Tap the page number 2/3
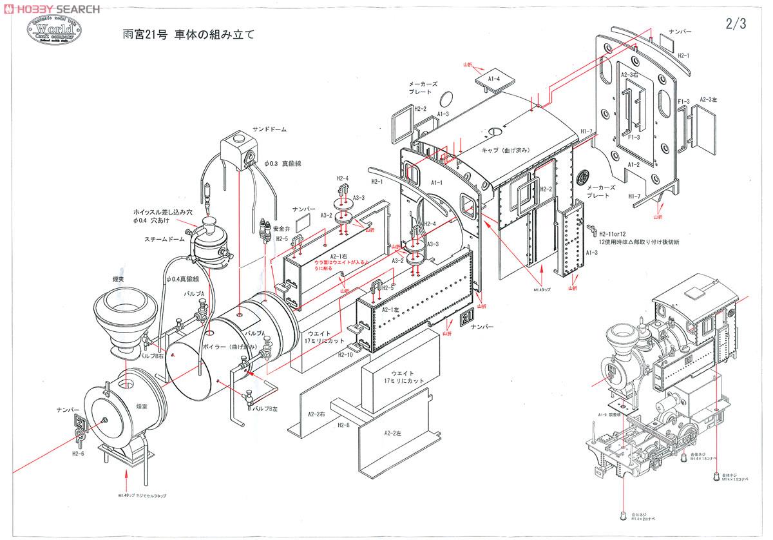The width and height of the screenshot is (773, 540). pyautogui.click(x=735, y=24)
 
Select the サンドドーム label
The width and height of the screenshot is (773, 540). pyautogui.click(x=269, y=130)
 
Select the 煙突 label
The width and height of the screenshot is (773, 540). pyautogui.click(x=122, y=280)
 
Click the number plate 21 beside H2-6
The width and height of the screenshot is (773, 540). pyautogui.click(x=82, y=421)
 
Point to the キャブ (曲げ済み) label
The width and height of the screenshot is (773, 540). pyautogui.click(x=506, y=149)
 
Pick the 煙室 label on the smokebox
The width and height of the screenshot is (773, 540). pyautogui.click(x=142, y=407)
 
